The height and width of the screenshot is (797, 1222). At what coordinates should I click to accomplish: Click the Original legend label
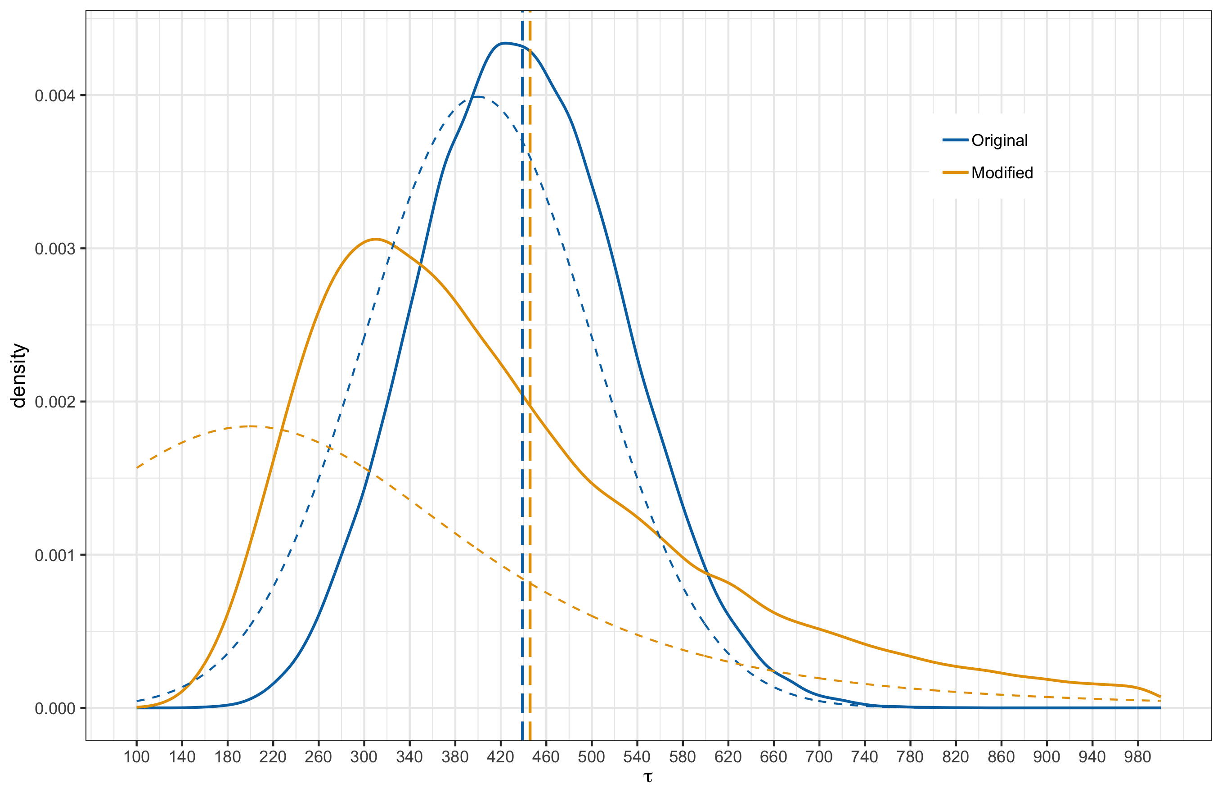[x=999, y=140]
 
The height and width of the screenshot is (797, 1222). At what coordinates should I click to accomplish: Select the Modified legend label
[x=1002, y=172]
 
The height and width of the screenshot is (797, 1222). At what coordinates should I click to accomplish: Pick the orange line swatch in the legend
[x=955, y=172]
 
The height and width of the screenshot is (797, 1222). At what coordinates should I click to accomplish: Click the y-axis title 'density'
[x=19, y=376]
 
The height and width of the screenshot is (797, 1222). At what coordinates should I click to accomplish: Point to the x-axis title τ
[x=648, y=776]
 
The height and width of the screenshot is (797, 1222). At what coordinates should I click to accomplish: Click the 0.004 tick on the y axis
[x=54, y=96]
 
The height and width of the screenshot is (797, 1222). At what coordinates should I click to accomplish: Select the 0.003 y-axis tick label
[x=54, y=249]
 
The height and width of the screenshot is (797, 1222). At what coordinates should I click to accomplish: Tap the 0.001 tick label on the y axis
[x=54, y=556]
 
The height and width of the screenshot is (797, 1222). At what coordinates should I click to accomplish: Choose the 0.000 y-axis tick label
[x=54, y=709]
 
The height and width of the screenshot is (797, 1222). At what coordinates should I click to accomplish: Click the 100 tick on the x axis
[x=137, y=757]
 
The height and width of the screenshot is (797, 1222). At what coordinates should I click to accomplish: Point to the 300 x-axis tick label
[x=364, y=757]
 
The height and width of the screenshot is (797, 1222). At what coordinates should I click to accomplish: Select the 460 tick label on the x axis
[x=546, y=757]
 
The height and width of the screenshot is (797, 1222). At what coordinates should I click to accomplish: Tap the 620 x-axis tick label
[x=728, y=757]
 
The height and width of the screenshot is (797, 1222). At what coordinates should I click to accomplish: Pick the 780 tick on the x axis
[x=910, y=757]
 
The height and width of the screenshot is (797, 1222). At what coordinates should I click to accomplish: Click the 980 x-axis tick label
[x=1137, y=757]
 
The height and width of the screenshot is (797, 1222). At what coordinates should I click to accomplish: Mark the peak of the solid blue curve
[x=505, y=43]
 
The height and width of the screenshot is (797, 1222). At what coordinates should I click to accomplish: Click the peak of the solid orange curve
[x=375, y=239]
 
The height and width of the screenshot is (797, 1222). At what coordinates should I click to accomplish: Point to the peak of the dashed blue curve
[x=477, y=97]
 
